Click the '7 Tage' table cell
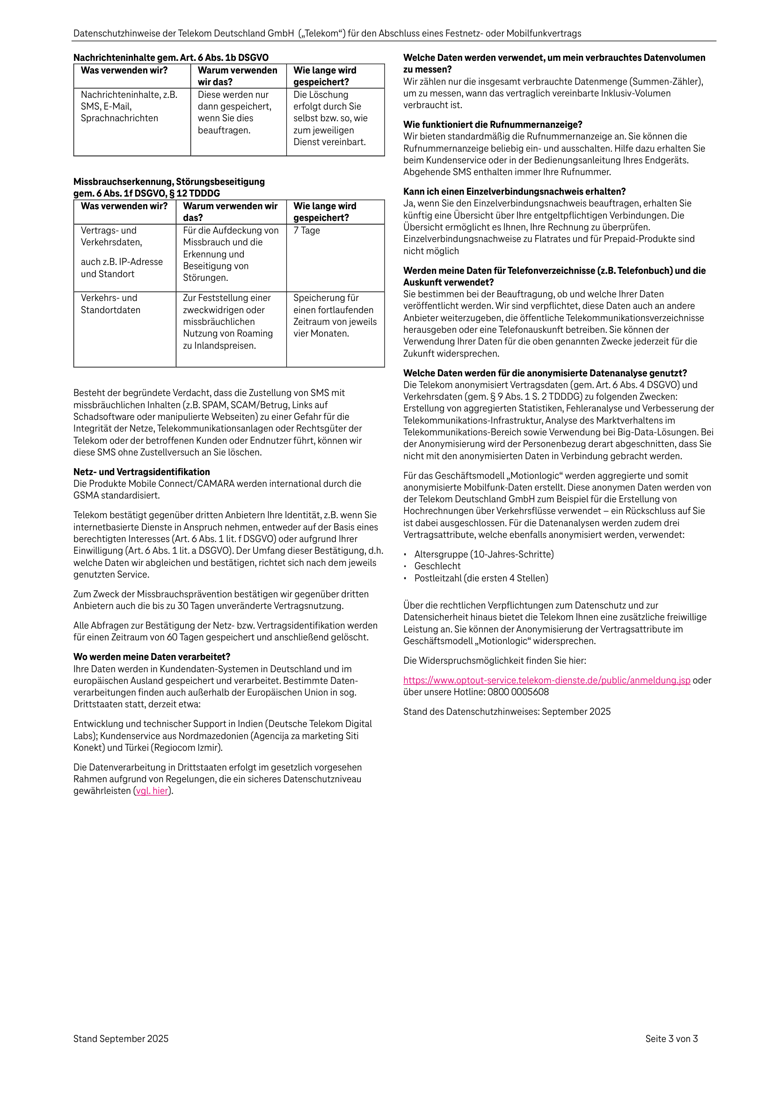point(307,230)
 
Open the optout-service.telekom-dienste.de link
point(546,680)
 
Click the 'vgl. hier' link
point(153,791)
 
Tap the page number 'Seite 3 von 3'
point(671,1039)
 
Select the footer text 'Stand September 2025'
point(121,1039)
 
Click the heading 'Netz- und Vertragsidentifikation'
point(141,472)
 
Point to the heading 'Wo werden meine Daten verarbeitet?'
point(152,656)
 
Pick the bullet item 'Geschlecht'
point(437,566)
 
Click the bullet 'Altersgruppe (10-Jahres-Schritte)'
point(484,554)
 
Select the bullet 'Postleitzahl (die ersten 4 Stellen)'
point(481,578)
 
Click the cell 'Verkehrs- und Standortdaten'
point(110,304)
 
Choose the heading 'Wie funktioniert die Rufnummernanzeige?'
point(493,125)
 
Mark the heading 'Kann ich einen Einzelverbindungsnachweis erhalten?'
point(515,191)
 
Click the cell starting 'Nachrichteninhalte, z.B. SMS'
point(129,107)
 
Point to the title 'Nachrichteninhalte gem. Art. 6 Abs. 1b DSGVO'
point(171,58)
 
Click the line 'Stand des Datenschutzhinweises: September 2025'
point(506,711)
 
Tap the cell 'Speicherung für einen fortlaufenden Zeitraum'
point(335,315)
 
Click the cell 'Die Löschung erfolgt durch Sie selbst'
point(330,118)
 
